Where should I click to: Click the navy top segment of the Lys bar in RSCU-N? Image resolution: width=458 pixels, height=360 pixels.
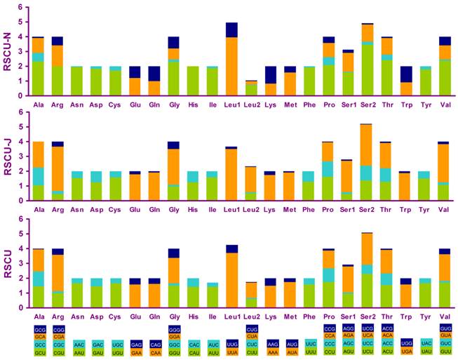click(270, 75)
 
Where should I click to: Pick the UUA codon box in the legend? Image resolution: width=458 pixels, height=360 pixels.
click(231, 350)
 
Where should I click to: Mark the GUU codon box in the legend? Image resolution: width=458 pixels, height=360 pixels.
click(444, 350)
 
